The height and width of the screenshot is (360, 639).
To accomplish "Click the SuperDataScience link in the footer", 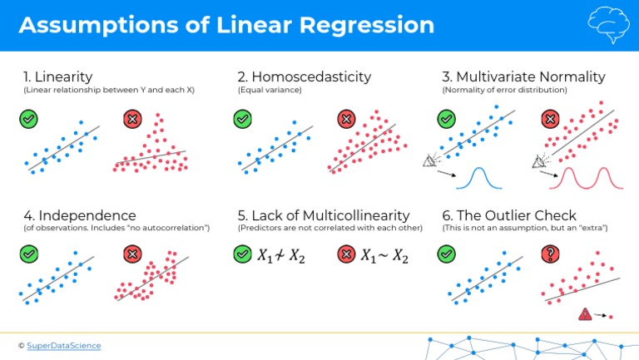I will coord(64,345).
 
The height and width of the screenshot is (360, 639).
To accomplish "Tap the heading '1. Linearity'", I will coord(57,76).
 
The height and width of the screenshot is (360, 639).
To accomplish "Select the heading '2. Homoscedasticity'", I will coord(304,76).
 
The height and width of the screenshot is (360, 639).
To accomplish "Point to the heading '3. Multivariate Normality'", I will coord(523,76).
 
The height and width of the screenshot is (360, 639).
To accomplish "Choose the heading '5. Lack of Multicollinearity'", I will coord(324,215).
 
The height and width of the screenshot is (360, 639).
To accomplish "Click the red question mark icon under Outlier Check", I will coord(550,254).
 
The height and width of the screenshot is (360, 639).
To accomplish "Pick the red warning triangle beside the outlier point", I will coord(586,314).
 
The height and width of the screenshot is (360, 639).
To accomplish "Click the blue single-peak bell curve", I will coord(480,177).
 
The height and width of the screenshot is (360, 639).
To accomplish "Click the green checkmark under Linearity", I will coord(29,119).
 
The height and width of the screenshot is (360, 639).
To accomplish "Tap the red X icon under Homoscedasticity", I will coord(347,119).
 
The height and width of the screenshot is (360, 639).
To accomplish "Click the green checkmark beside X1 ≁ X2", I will coord(242,254).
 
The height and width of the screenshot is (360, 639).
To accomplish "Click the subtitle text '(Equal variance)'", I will coord(270,90).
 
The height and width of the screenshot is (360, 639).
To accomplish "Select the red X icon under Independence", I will coord(131,254).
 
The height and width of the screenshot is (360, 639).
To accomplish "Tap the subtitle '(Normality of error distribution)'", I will coord(504,90).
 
